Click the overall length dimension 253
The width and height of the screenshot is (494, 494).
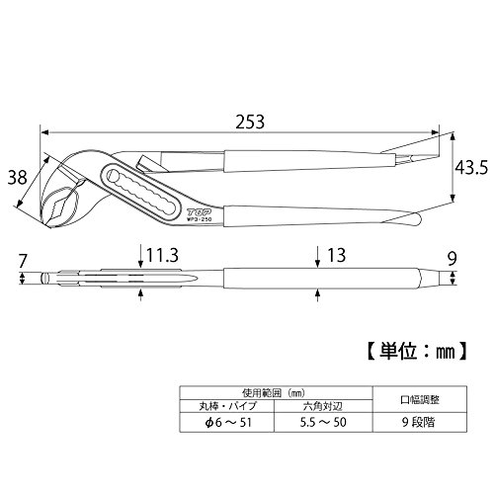tap(250, 122)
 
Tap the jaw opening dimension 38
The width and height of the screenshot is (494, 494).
tap(17, 178)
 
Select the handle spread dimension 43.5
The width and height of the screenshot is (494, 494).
tap(471, 168)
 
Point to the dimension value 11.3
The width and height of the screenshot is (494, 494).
tap(162, 256)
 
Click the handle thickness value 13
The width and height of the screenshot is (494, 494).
tap(336, 256)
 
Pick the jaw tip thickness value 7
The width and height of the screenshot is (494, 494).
tap(23, 262)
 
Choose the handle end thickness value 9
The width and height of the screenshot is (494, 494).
tap(453, 259)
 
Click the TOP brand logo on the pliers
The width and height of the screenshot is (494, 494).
tap(199, 212)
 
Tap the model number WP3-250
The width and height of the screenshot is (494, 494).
tap(200, 218)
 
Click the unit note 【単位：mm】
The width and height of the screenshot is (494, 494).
tap(417, 353)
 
